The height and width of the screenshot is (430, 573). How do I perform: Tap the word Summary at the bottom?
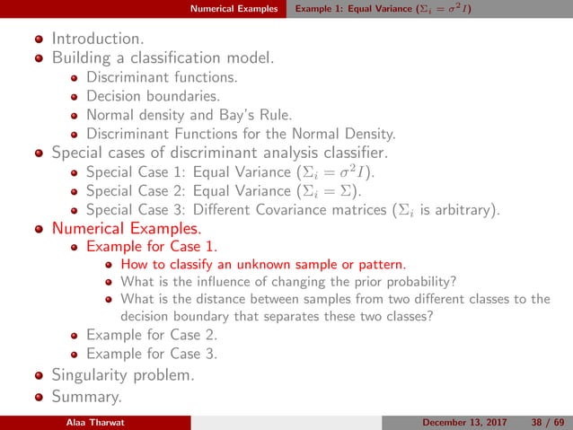coord(86,396)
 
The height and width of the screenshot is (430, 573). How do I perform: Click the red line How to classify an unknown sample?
coord(262,264)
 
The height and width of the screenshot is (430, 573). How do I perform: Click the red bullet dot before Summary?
coord(38,396)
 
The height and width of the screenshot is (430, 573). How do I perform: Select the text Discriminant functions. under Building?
coord(163,77)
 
